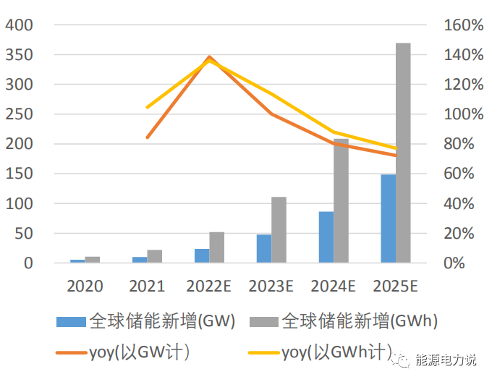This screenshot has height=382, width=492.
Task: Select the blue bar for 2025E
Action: pyautogui.click(x=388, y=218)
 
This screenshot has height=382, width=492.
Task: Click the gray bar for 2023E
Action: pyautogui.click(x=279, y=230)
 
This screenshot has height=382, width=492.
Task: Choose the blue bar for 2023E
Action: pyautogui.click(x=263, y=248)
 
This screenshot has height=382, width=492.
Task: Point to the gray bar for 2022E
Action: pyautogui.click(x=216, y=247)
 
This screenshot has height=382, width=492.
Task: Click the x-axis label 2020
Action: pyautogui.click(x=85, y=286)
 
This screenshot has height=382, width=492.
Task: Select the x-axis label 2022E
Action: pyautogui.click(x=209, y=286)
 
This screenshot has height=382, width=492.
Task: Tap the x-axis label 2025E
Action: pyautogui.click(x=396, y=286)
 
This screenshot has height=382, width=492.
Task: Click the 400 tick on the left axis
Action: pyautogui.click(x=20, y=25)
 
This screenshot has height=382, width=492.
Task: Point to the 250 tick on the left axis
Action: pyautogui.click(x=20, y=114)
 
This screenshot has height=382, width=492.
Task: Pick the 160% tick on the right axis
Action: pyautogui.click(x=462, y=25)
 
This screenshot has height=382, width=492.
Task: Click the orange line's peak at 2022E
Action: pyautogui.click(x=210, y=56)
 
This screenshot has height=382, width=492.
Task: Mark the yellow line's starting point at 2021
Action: pyautogui.click(x=148, y=108)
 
